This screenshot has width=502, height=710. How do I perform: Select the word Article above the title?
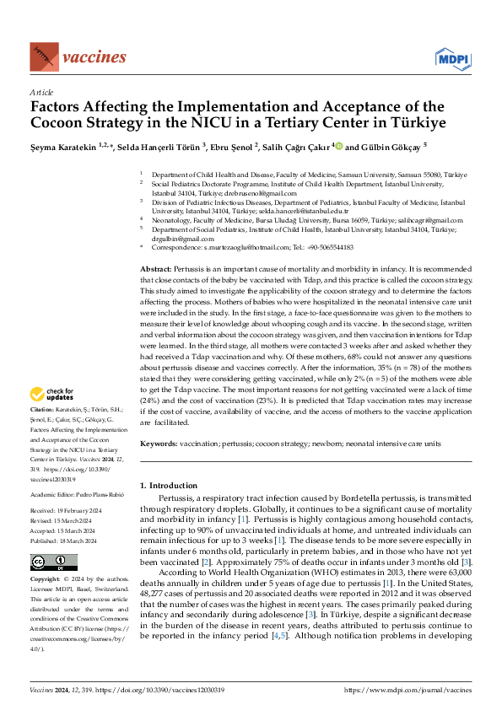[40, 92]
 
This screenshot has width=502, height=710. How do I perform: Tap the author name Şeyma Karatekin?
[64, 147]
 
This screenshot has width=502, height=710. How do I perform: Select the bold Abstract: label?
[159, 267]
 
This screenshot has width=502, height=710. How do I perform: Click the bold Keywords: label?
[160, 443]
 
